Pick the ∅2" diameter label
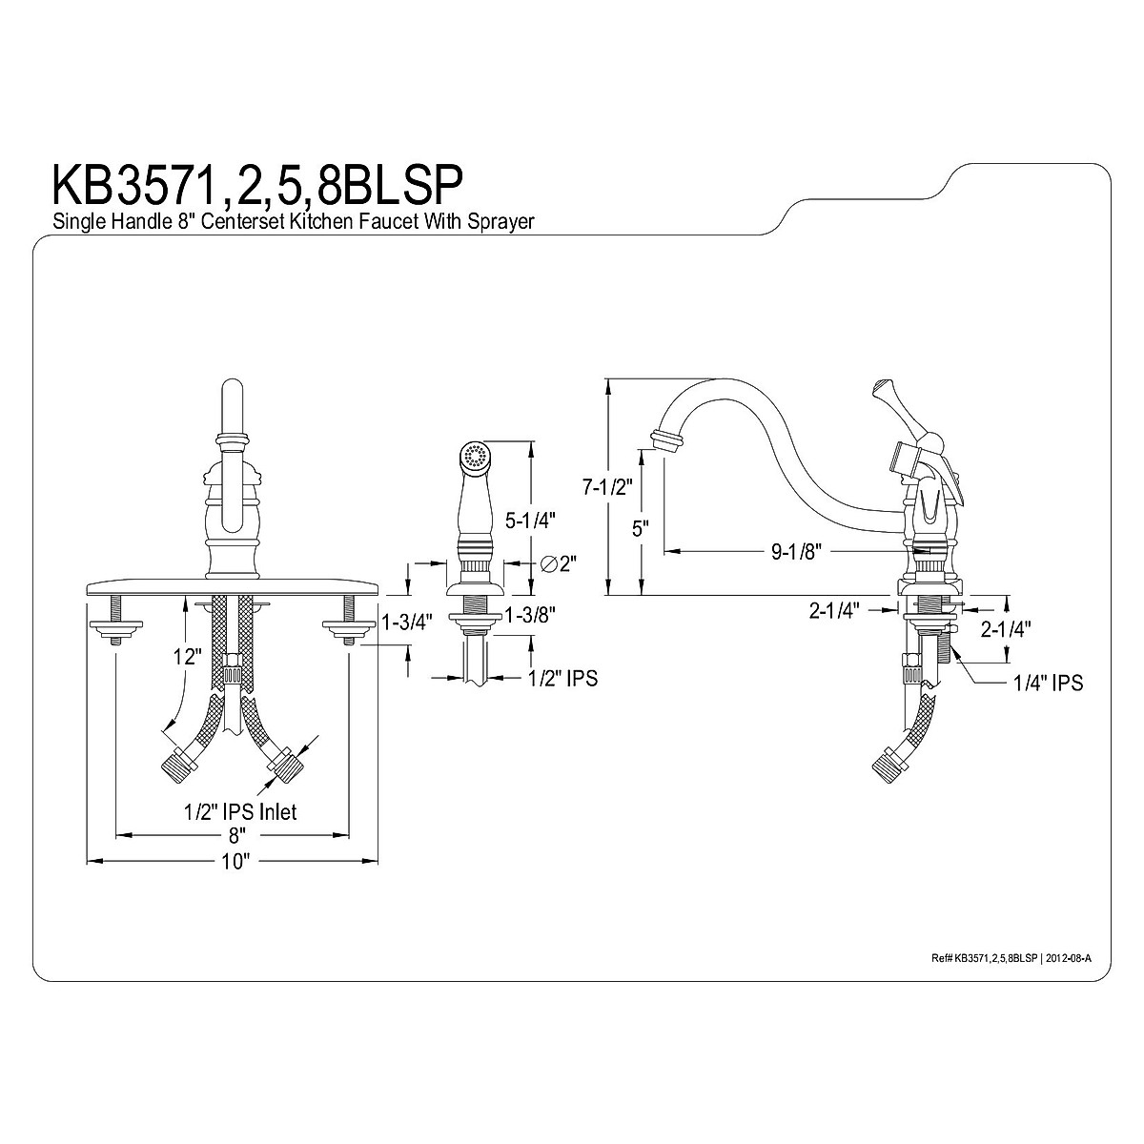[x=561, y=563]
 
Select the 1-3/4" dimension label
[x=407, y=623]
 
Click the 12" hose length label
[x=188, y=657]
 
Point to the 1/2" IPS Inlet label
[x=240, y=811]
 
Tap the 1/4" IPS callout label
[x=1049, y=683]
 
